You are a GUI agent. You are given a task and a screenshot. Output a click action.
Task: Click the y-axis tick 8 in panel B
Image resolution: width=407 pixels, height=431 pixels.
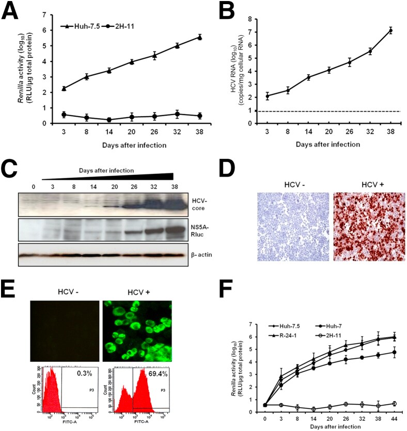tap(249, 19)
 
